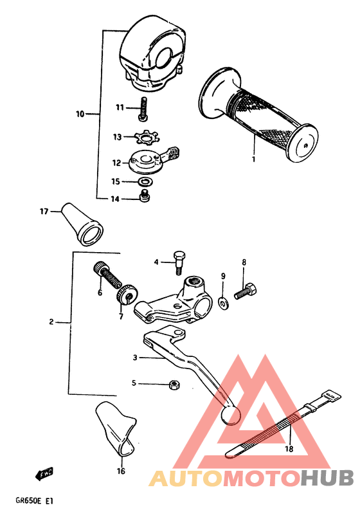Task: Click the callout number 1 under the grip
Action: [254, 158]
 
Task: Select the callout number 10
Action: [80, 114]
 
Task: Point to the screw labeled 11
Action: [143, 107]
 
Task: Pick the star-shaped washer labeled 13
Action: [147, 137]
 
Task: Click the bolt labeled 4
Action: [179, 259]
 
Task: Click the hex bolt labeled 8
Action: [243, 293]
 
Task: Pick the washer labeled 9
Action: [223, 301]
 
